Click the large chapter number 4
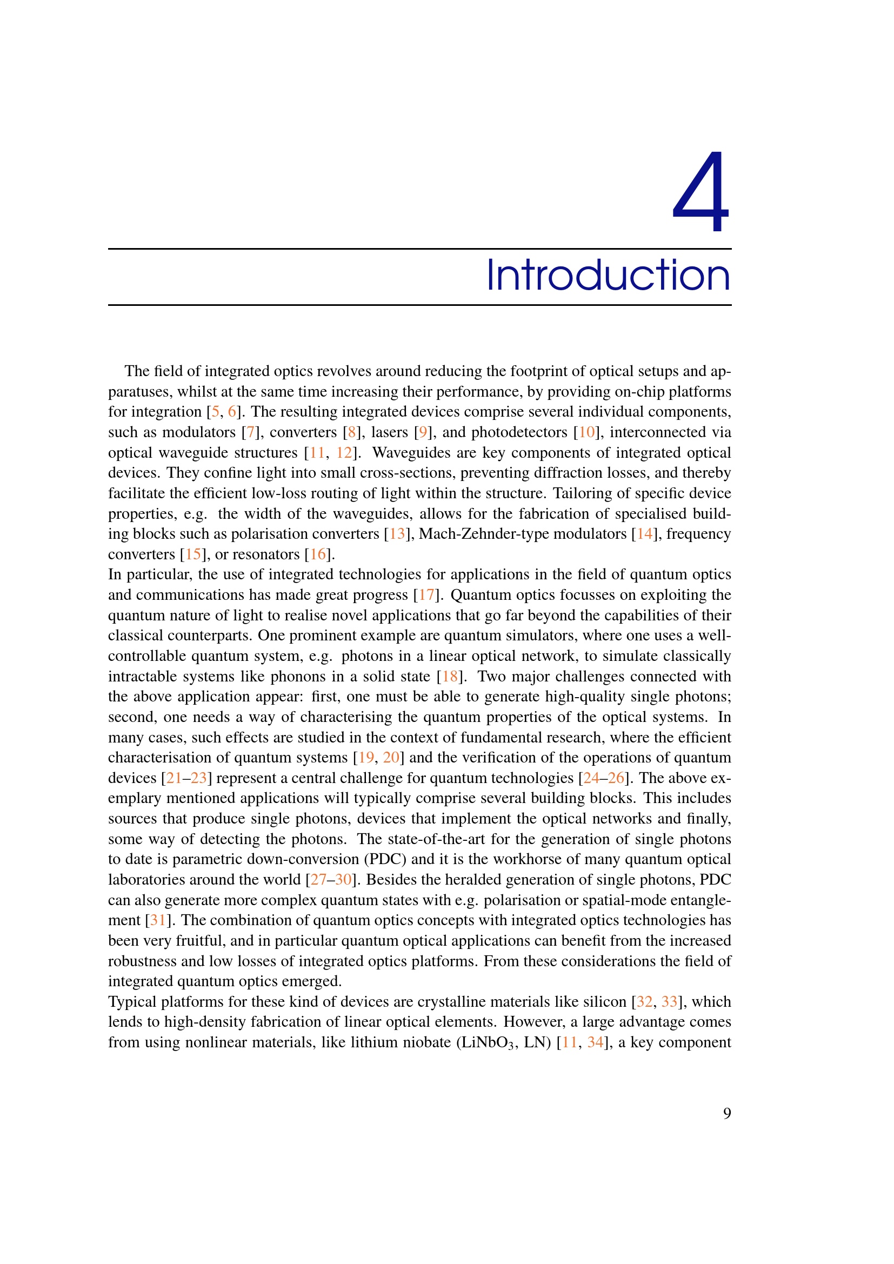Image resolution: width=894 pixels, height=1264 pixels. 701,192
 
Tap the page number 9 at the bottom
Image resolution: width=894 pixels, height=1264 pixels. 726,1114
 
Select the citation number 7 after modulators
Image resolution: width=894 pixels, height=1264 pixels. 250,432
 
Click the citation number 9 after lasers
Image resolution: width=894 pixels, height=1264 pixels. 423,432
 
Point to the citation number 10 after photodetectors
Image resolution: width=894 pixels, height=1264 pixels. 587,432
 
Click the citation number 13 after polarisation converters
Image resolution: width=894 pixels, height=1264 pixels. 397,534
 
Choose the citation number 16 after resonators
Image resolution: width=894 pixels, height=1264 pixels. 318,554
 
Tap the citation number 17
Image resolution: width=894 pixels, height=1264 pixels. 426,595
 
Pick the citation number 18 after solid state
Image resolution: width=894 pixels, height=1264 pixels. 450,677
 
